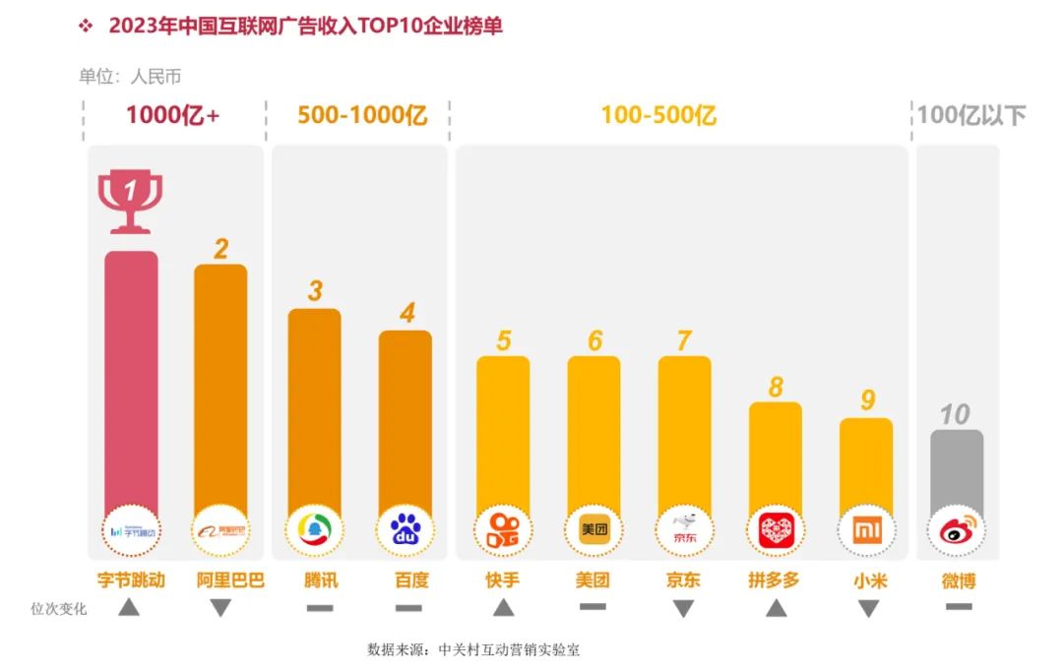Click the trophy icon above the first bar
(x=130, y=202)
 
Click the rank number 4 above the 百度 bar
(x=406, y=313)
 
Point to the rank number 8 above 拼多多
(x=776, y=387)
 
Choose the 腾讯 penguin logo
(x=314, y=530)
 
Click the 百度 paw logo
(x=406, y=531)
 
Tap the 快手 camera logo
(x=503, y=531)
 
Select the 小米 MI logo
(x=866, y=531)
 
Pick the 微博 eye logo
(x=956, y=531)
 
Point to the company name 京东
(x=683, y=580)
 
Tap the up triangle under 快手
(x=503, y=608)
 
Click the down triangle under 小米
(x=867, y=609)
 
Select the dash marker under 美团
(x=593, y=607)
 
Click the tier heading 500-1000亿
(x=362, y=115)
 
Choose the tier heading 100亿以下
(x=970, y=115)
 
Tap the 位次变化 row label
(x=59, y=609)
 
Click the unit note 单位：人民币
(x=130, y=77)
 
